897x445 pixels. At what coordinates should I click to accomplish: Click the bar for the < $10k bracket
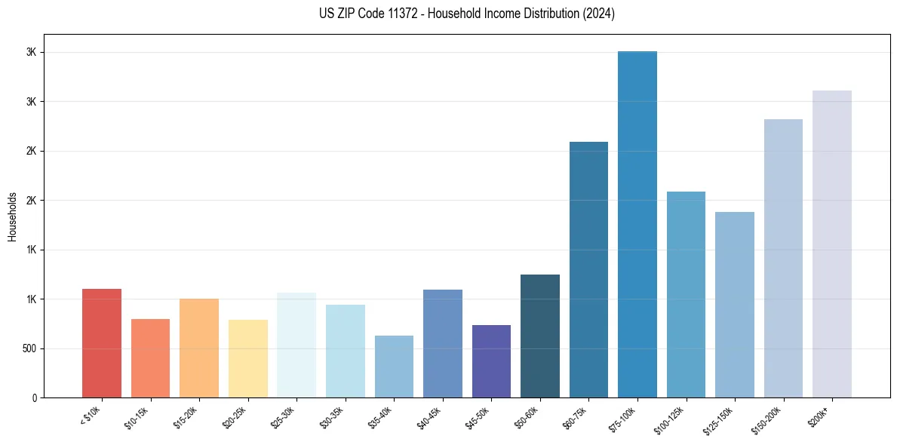click(102, 343)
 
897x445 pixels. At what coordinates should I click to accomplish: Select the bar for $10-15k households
click(150, 358)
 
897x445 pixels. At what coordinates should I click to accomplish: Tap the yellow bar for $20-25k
click(247, 358)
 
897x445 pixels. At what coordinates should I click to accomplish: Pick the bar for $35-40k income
click(394, 367)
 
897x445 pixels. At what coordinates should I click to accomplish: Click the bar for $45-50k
click(491, 361)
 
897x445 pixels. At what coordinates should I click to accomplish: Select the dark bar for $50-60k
click(540, 336)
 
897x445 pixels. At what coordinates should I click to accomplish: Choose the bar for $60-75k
click(588, 269)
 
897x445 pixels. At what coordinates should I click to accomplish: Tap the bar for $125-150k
click(735, 305)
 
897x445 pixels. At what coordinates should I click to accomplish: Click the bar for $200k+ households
click(832, 244)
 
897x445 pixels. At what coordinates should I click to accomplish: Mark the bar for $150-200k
click(783, 258)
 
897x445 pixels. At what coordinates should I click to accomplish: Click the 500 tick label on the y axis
click(29, 348)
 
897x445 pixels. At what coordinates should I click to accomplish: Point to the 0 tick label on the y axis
click(34, 398)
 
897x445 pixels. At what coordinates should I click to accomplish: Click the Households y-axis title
click(13, 216)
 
